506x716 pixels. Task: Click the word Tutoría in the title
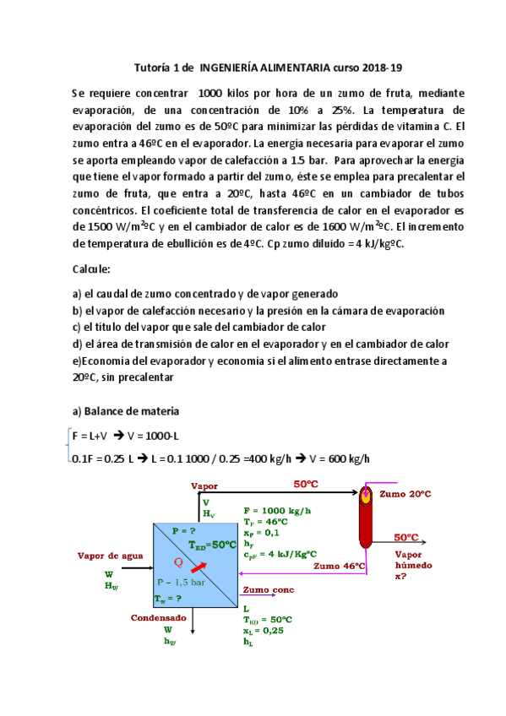point(155,68)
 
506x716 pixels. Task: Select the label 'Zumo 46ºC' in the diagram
point(338,565)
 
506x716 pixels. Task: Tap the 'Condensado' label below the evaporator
point(158,617)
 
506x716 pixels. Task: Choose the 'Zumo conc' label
point(268,589)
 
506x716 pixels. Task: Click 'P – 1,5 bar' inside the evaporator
point(182,582)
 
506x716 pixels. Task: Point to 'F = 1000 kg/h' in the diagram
point(277,511)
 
